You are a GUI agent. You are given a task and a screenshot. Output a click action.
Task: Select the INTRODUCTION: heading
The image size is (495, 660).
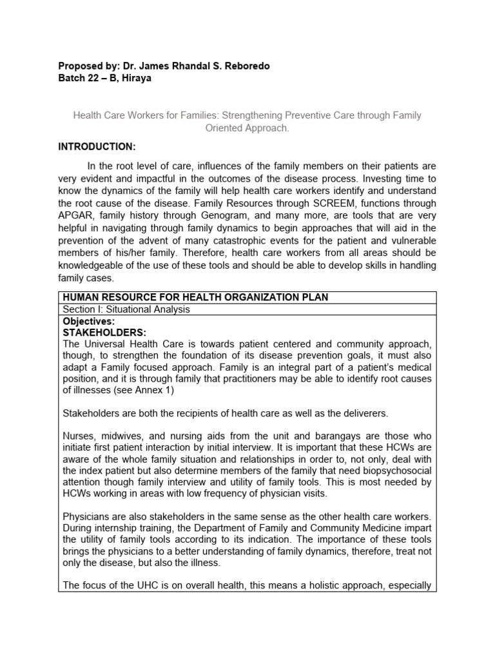coord(97,147)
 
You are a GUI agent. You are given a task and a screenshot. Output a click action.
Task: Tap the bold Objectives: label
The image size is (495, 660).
coord(89,320)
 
